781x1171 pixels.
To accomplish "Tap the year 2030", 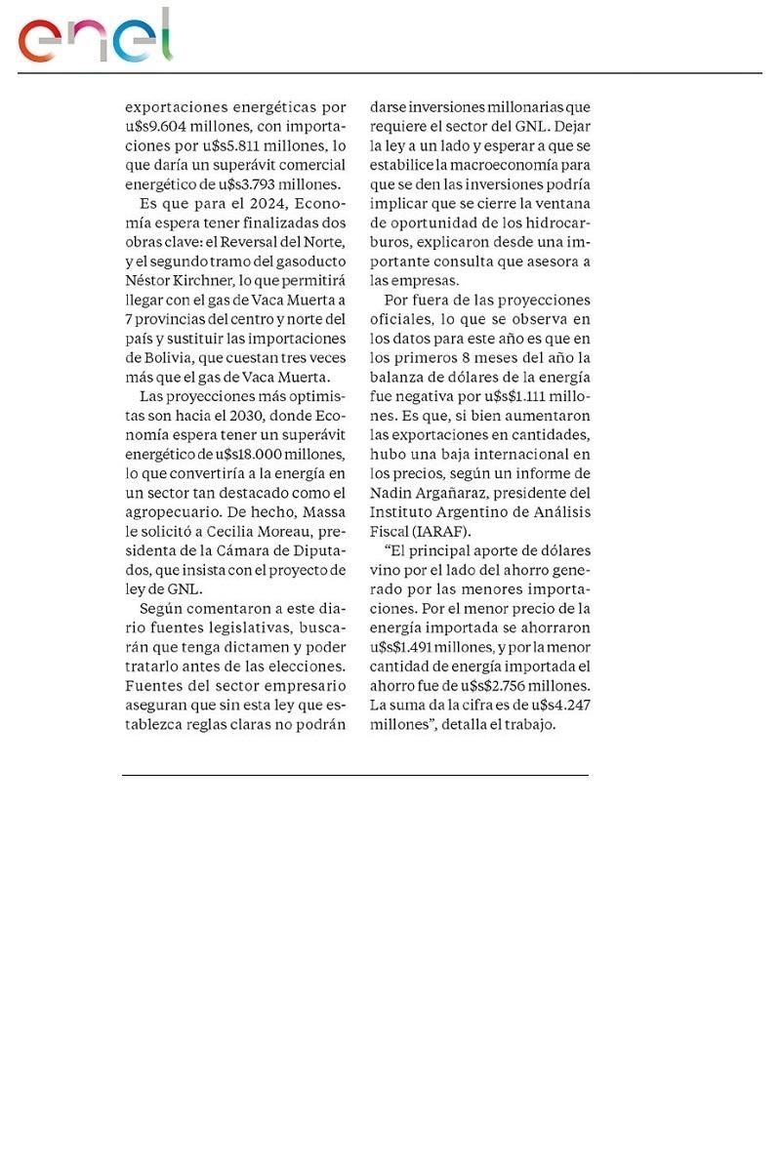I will click(270, 415).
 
